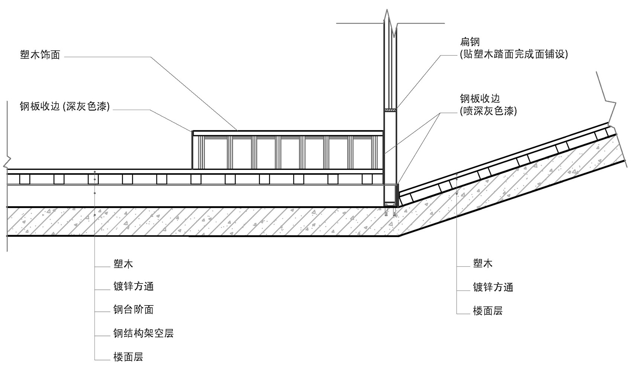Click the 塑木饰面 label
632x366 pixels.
click(40, 55)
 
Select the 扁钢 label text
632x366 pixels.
click(470, 42)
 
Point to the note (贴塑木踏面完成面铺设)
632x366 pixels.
click(514, 54)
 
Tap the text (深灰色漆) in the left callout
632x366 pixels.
click(87, 107)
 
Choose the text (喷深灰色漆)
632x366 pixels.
click(488, 111)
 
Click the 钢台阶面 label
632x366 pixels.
click(133, 310)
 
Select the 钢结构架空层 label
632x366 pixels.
click(144, 333)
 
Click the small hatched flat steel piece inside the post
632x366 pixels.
click(390, 110)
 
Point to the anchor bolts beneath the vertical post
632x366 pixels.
click(390, 213)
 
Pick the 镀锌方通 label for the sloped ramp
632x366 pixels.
click(493, 287)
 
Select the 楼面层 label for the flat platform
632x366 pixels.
click(128, 357)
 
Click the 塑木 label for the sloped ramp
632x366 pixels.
click(483, 264)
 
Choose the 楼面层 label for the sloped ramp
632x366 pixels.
click(488, 311)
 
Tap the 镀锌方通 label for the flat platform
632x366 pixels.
click(133, 286)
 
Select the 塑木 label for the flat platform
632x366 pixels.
click(123, 264)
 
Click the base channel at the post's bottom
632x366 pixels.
click(391, 204)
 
